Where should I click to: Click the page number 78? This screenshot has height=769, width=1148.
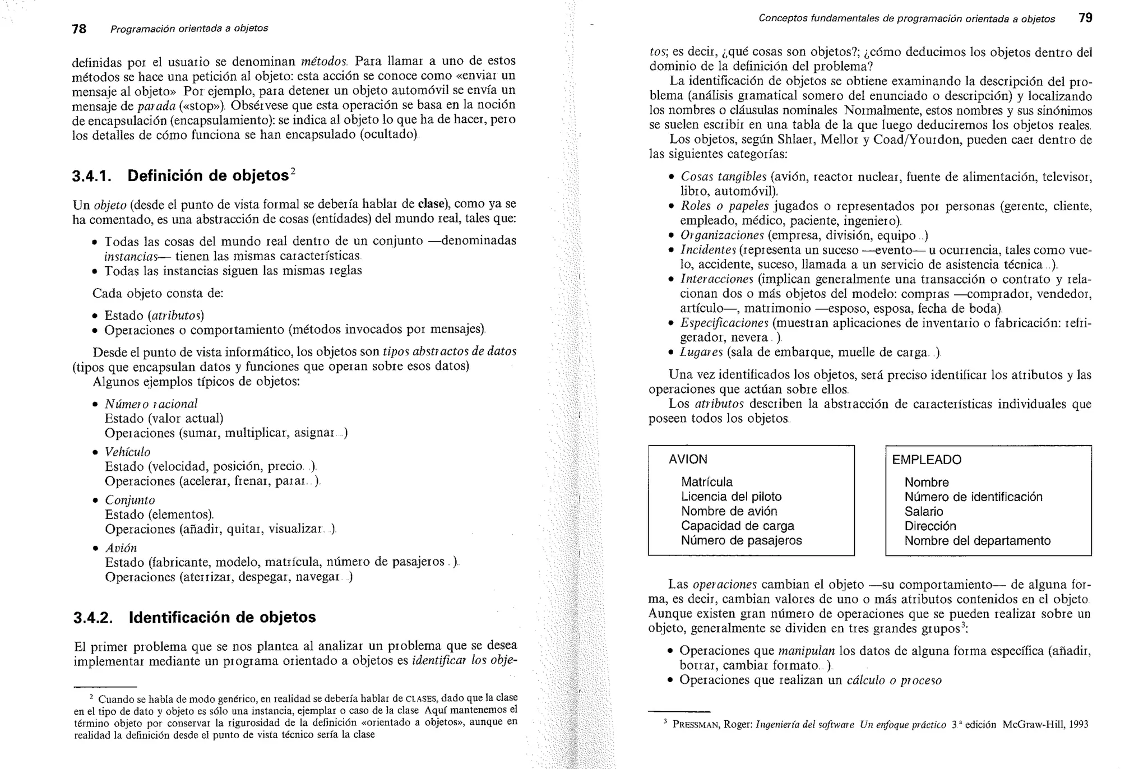[79, 29]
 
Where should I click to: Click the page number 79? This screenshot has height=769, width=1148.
[1085, 18]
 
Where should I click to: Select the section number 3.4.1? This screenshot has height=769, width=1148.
[92, 176]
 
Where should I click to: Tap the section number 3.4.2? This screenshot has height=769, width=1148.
[93, 618]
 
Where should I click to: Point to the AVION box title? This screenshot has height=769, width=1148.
[688, 459]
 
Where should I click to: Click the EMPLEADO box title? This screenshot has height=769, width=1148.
[927, 460]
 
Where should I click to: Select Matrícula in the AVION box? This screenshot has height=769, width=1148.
[706, 482]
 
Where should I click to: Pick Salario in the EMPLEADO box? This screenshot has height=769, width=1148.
[923, 511]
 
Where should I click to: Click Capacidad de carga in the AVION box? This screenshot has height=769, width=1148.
[737, 526]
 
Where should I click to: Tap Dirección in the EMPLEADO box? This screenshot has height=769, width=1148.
[930, 526]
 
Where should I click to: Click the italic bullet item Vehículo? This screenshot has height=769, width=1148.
[128, 452]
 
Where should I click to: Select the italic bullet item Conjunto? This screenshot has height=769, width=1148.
[130, 500]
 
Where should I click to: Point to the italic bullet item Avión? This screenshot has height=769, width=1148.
[121, 548]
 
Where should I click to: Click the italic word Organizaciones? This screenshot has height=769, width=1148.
[722, 235]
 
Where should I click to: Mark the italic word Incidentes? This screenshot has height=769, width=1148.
[708, 250]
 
